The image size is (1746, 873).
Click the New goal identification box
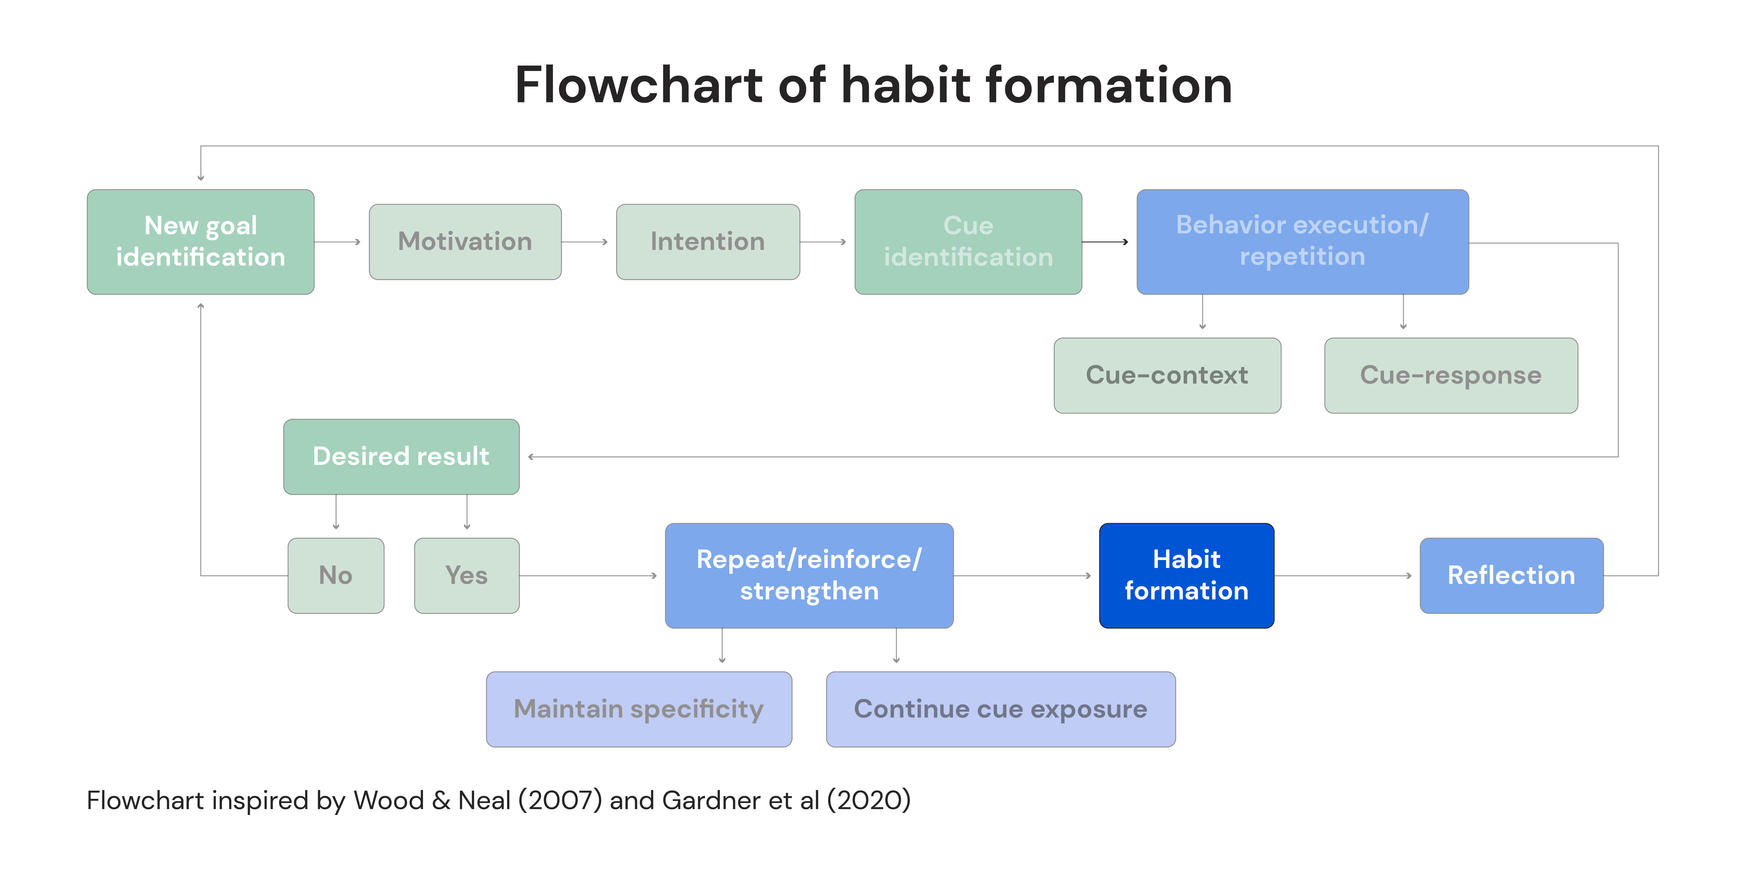pos(201,242)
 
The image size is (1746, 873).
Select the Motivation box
pos(465,242)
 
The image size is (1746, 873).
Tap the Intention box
pos(708,242)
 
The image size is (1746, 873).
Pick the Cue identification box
pos(968,242)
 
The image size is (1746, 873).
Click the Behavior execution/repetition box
pos(1303,242)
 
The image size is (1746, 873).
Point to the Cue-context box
pos(1167,375)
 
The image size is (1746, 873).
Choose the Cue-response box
pos(1451,375)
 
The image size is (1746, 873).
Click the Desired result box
pos(401,457)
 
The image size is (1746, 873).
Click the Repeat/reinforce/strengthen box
pos(809,576)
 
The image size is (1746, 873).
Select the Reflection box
pos(1512,576)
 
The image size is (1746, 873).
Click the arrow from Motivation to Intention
pos(584,242)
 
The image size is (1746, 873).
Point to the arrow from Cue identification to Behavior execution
pos(1105,242)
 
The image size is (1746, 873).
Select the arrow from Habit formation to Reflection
pos(1343,576)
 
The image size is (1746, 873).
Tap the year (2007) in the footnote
pos(560,801)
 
